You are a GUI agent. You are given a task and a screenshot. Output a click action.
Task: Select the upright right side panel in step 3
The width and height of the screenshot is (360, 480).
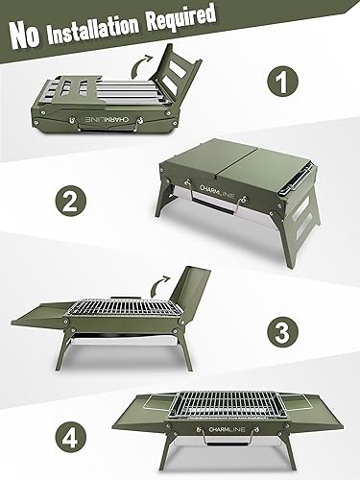pos(200,302)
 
